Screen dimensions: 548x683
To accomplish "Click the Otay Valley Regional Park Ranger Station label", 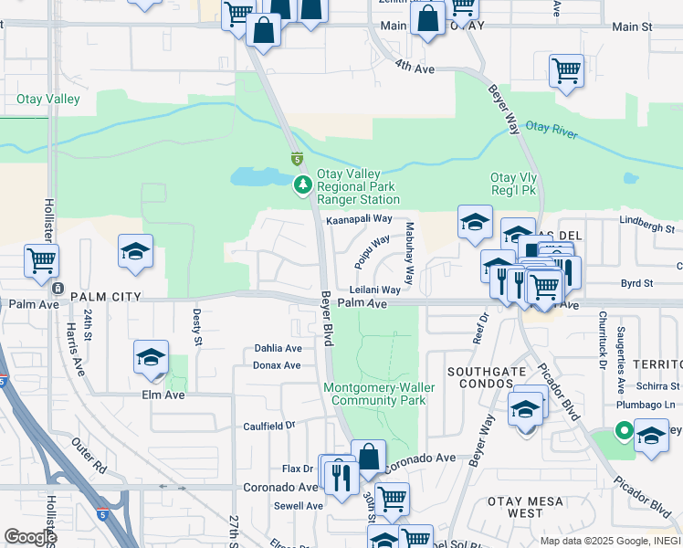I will pyautogui.click(x=358, y=186).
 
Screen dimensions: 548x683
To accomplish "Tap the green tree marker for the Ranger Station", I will pyautogui.click(x=302, y=186).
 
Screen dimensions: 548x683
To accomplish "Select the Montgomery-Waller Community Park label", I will pyautogui.click(x=379, y=394).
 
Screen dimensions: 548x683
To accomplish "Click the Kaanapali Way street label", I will pyautogui.click(x=359, y=220).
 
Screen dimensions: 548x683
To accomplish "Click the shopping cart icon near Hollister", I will pyautogui.click(x=41, y=260).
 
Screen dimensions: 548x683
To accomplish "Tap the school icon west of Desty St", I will pyautogui.click(x=135, y=251).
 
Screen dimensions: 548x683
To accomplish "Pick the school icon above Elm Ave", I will pyautogui.click(x=152, y=356).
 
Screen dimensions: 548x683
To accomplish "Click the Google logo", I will pyautogui.click(x=30, y=537).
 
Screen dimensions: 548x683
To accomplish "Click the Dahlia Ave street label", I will pyautogui.click(x=278, y=348).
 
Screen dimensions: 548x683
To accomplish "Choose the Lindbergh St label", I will pyautogui.click(x=646, y=227).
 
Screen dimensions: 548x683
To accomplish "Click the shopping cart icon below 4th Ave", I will pyautogui.click(x=566, y=70).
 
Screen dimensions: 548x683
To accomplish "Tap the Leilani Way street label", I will pyautogui.click(x=375, y=290).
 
